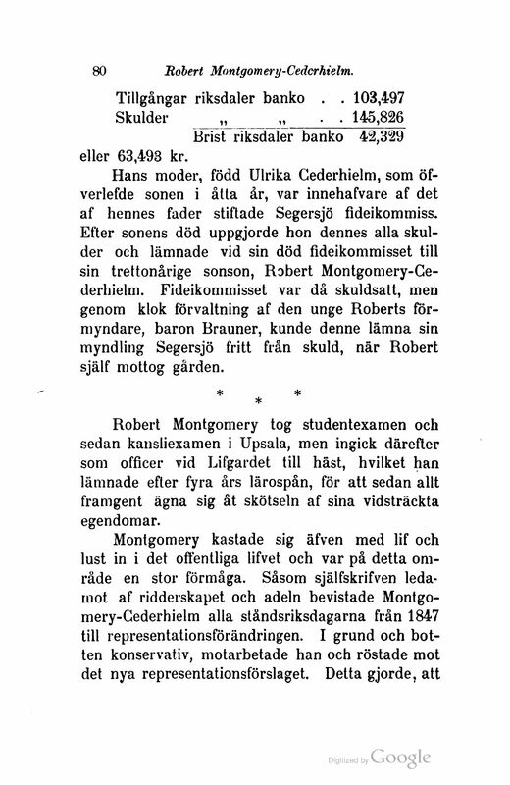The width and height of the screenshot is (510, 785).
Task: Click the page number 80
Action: coord(97,70)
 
